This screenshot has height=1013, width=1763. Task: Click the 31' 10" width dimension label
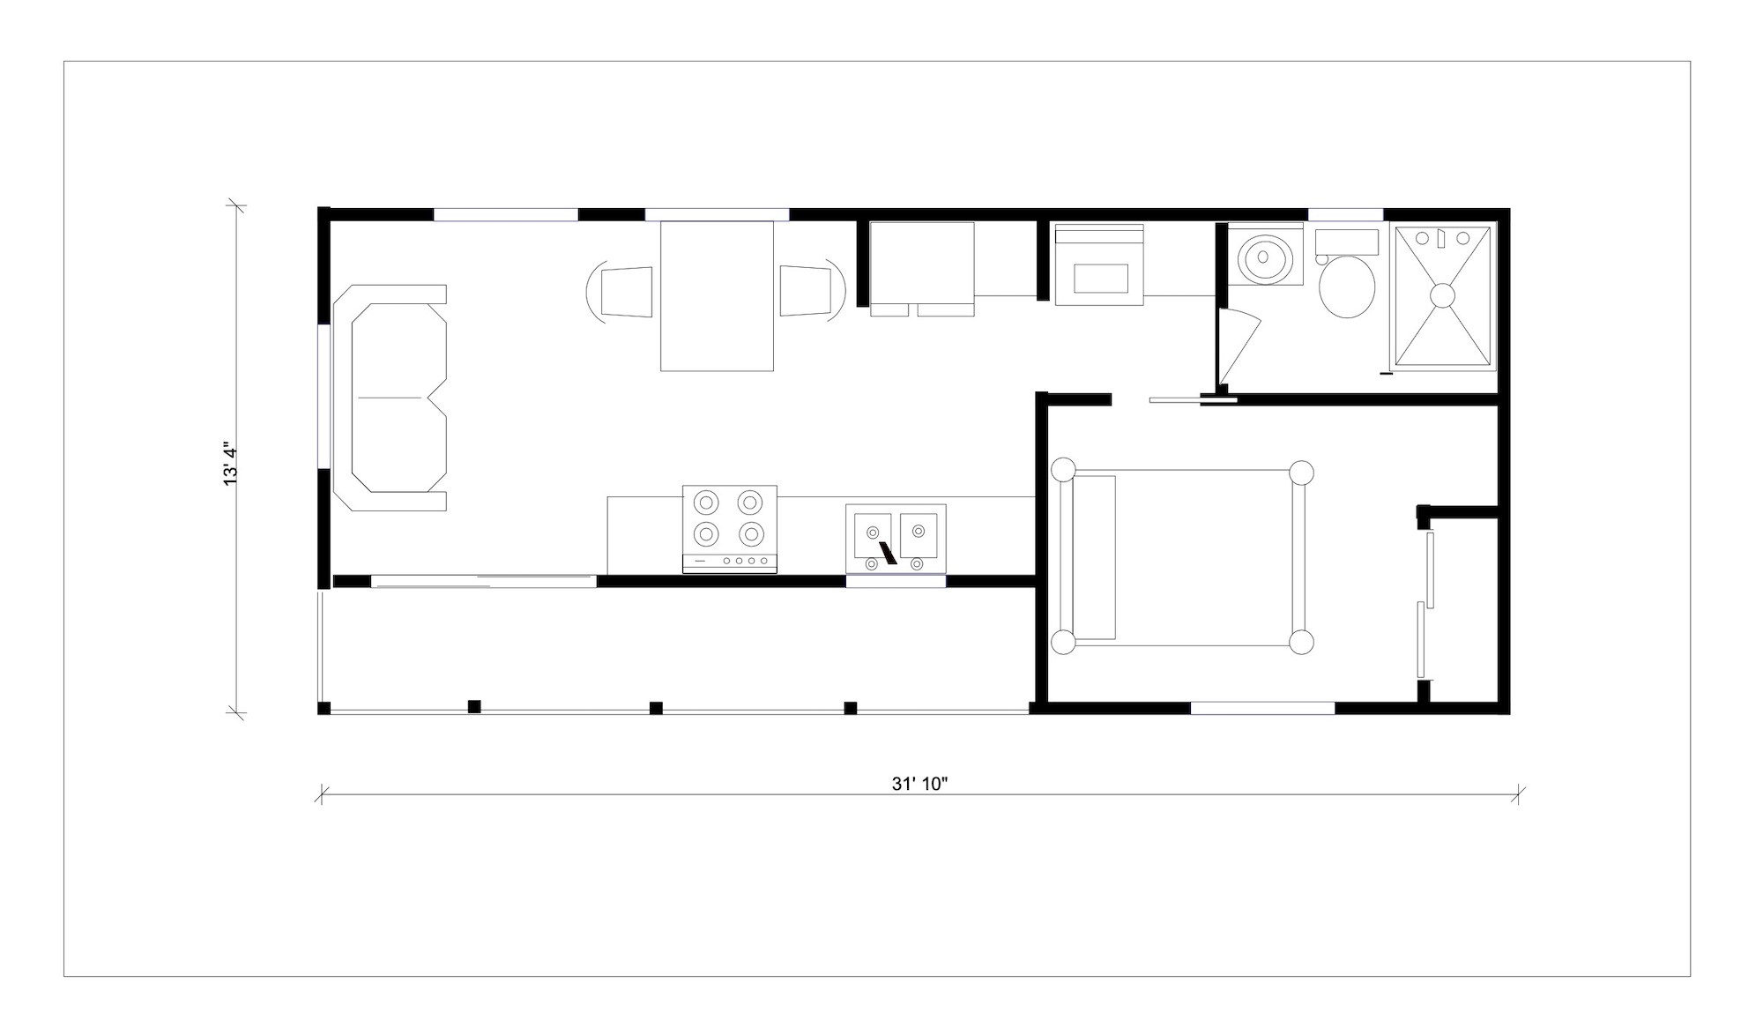919,784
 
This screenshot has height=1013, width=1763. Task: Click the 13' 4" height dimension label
231,463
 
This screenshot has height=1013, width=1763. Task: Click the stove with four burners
729,529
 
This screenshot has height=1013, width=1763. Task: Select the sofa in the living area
390,398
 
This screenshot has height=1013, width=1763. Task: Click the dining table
717,296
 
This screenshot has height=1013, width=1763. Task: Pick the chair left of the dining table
621,291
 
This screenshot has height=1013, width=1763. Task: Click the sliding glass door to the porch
483,581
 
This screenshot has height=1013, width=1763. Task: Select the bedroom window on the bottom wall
1262,707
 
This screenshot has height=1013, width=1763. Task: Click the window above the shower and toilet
1345,214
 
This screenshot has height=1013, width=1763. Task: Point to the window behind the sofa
324,397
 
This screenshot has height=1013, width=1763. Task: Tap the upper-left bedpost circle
1063,470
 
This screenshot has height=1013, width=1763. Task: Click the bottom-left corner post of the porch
324,707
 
